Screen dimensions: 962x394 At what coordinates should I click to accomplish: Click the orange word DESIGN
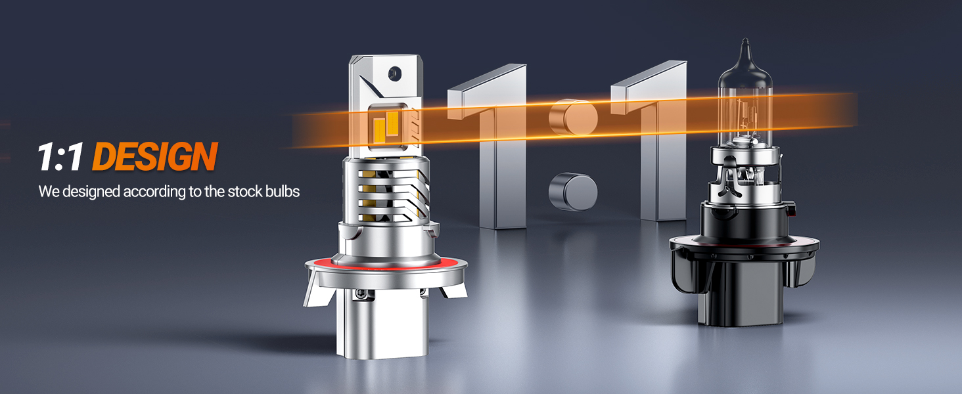tap(155, 156)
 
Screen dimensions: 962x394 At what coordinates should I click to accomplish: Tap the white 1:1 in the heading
tap(61, 157)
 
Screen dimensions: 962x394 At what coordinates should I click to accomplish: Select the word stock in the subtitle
tap(245, 192)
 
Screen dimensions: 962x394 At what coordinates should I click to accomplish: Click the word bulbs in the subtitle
tap(283, 192)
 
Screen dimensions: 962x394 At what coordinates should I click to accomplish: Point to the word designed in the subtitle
tap(91, 192)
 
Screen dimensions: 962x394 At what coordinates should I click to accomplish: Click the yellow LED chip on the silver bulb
tap(386, 126)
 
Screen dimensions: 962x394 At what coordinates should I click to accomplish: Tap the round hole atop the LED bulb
tap(394, 74)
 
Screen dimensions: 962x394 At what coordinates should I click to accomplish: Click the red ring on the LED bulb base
tap(386, 263)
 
